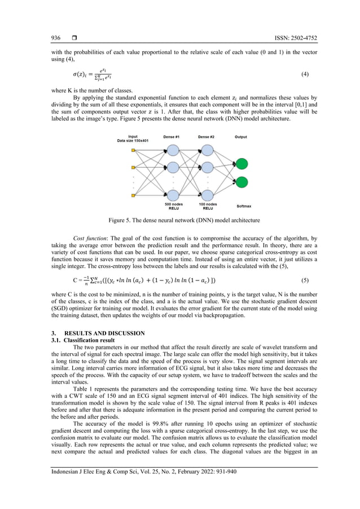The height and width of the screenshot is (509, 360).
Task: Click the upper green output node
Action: (242, 164)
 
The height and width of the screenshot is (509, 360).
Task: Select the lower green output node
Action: (242, 182)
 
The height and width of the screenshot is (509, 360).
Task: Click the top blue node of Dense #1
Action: (173, 150)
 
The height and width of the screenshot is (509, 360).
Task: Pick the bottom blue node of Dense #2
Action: (207, 195)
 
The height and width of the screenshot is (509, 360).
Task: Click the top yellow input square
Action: (133, 151)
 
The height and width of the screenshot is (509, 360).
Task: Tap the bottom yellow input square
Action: (133, 195)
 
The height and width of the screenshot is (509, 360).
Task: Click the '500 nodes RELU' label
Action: (173, 206)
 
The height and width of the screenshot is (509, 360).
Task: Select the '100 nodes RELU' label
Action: (208, 206)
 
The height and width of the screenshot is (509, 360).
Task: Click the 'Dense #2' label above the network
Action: (207, 137)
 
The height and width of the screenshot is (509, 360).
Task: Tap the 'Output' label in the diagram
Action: (240, 137)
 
